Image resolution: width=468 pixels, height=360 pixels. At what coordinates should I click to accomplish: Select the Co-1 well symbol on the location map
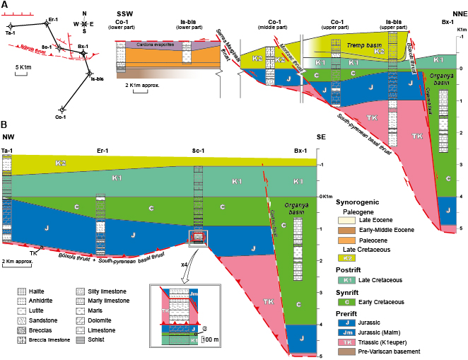(62, 110)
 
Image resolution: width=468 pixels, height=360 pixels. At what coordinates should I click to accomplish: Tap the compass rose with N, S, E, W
(83, 23)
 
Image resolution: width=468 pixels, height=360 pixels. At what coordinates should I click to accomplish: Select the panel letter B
(5, 122)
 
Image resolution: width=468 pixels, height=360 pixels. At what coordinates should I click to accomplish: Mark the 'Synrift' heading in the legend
(347, 292)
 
